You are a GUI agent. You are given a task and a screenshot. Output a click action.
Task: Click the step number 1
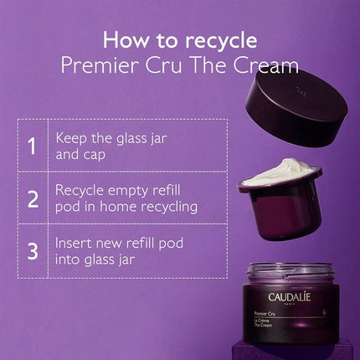(32, 146)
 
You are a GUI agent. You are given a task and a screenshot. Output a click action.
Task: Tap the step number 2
(32, 198)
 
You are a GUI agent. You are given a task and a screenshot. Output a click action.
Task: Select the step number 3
(32, 249)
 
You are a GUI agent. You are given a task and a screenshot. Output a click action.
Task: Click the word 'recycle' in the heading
(213, 40)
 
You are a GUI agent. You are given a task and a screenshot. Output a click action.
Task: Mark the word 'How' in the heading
(121, 40)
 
